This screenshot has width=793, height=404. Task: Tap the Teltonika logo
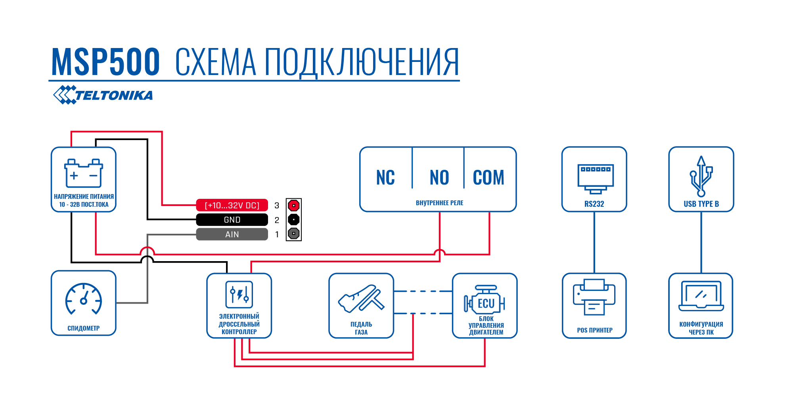click(103, 95)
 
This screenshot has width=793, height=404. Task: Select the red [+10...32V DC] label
click(232, 205)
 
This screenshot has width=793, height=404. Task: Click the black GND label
click(232, 219)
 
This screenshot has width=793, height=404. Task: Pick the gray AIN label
click(232, 234)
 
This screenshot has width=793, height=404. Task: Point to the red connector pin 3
click(293, 206)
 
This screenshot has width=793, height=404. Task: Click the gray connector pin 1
click(293, 233)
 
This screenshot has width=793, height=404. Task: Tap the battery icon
click(84, 173)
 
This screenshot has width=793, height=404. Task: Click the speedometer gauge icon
click(84, 298)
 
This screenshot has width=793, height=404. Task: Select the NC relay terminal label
click(385, 177)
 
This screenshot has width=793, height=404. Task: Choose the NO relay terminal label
click(439, 177)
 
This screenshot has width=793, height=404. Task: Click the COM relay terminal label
click(488, 177)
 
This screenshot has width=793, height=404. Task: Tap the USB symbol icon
click(701, 176)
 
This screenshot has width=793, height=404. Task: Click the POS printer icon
click(594, 297)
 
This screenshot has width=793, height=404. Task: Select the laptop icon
click(701, 296)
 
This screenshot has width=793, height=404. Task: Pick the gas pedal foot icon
click(361, 298)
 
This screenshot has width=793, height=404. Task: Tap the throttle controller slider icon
click(239, 294)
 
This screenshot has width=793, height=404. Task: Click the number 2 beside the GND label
click(277, 220)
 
